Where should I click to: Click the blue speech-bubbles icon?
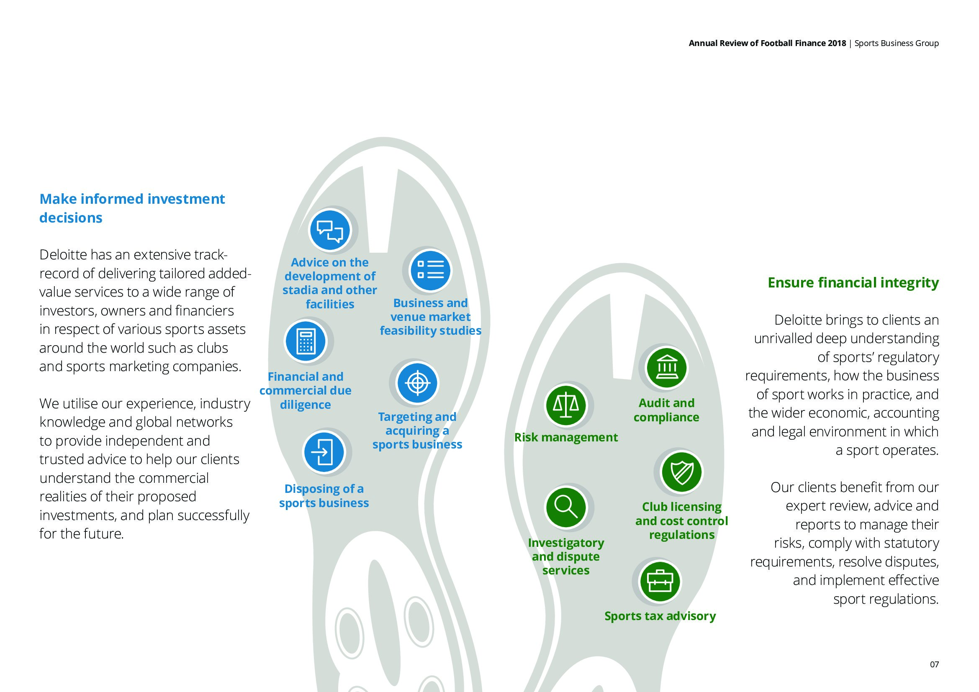click(330, 231)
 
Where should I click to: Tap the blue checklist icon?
click(430, 270)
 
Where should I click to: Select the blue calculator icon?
click(306, 341)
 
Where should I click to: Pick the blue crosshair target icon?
click(417, 383)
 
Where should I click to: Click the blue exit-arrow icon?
click(324, 452)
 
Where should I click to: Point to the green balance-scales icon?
click(566, 405)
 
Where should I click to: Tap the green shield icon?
click(682, 472)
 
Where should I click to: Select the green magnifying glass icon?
click(566, 507)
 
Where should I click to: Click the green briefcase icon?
click(660, 581)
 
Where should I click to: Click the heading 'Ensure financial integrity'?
click(853, 283)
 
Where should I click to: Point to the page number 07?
click(934, 664)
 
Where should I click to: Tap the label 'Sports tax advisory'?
click(660, 616)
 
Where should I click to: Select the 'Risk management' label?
click(566, 437)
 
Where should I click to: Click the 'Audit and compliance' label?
click(666, 410)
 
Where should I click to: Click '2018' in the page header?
click(837, 43)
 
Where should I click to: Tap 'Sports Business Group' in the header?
click(897, 44)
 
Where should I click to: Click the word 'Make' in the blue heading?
click(58, 199)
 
